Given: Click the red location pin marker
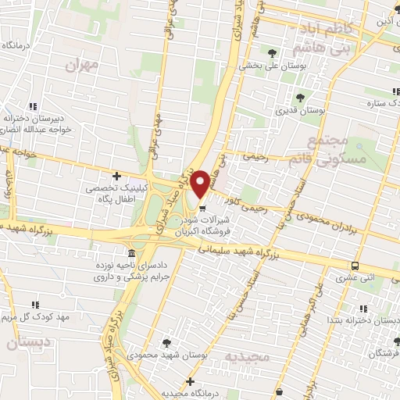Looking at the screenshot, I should (201, 183).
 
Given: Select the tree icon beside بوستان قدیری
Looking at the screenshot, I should (301, 98).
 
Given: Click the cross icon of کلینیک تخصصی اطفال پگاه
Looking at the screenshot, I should (117, 177).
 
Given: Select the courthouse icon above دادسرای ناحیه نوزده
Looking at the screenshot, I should (129, 255).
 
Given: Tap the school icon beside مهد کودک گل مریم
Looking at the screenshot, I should (34, 305).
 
